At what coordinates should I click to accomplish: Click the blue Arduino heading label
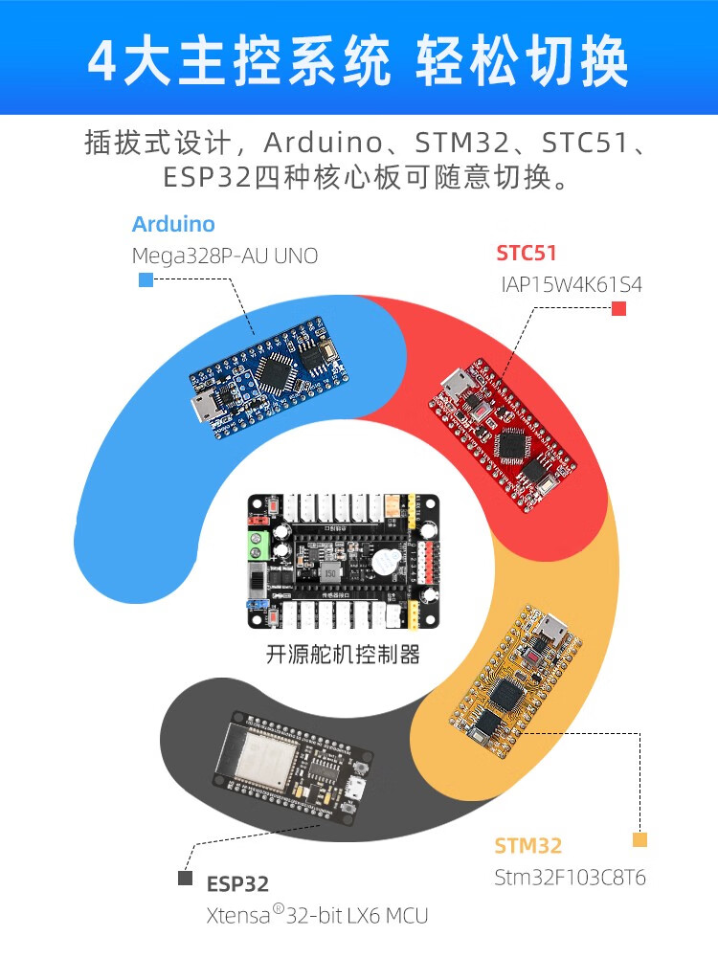pos(173,225)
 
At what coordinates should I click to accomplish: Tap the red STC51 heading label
pos(526,254)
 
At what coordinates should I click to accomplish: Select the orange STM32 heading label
pos(527,846)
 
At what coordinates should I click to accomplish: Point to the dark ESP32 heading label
pos(237,884)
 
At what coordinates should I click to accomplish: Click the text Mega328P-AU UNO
pos(224,256)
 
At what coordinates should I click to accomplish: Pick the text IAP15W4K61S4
pos(572,285)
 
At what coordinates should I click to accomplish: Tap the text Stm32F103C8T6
pos(570,878)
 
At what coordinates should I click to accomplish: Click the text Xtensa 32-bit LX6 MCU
pos(317,916)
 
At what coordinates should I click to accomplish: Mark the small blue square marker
pos(146,279)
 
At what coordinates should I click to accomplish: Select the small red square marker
pos(618,308)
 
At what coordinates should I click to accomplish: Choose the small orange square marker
pos(639,840)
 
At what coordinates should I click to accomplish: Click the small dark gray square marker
pos(185,878)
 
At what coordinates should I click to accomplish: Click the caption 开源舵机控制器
pos(343,655)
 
